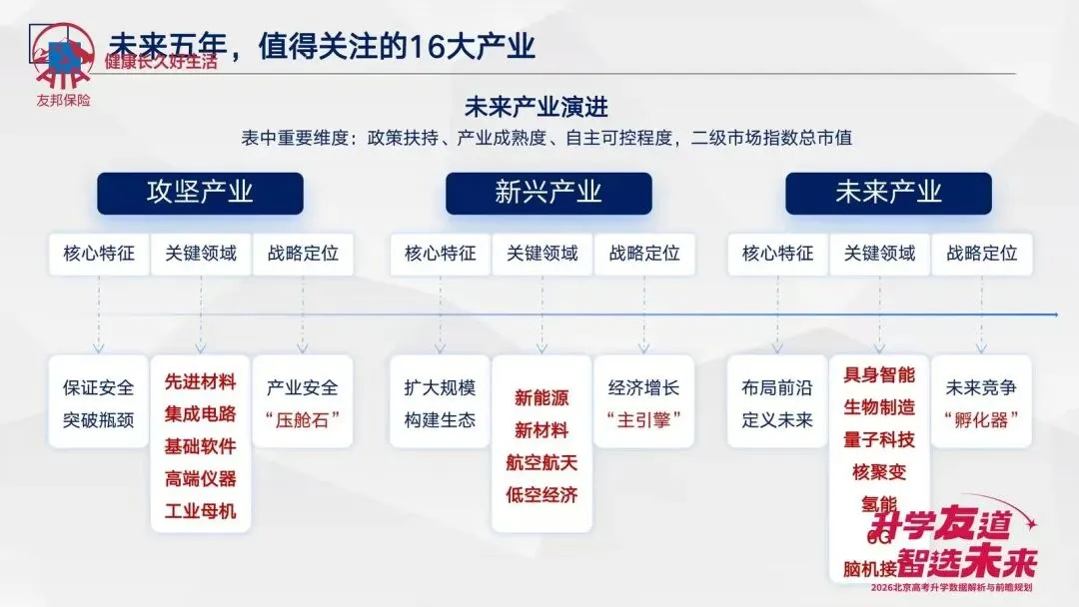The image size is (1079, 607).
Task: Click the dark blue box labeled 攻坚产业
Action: click(x=200, y=193)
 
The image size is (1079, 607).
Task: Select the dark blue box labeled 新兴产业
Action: click(x=548, y=193)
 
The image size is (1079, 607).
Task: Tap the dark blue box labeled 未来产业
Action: click(x=888, y=193)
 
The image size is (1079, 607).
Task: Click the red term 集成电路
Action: click(x=201, y=414)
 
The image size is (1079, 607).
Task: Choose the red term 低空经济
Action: click(x=541, y=495)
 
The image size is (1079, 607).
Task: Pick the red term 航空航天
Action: click(x=541, y=463)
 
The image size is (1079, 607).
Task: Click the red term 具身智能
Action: click(x=879, y=375)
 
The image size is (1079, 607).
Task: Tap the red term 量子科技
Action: click(x=879, y=439)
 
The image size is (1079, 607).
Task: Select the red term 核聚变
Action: click(x=879, y=471)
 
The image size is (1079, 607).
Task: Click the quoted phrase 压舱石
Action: click(x=302, y=420)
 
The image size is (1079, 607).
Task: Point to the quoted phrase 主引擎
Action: click(x=643, y=420)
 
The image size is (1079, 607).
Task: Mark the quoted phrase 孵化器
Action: click(x=981, y=420)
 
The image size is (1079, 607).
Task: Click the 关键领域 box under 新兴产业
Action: click(x=541, y=254)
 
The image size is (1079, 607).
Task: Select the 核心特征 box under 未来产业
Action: click(x=777, y=254)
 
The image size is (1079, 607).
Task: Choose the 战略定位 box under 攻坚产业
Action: click(x=303, y=254)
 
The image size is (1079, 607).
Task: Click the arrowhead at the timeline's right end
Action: click(x=1054, y=314)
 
